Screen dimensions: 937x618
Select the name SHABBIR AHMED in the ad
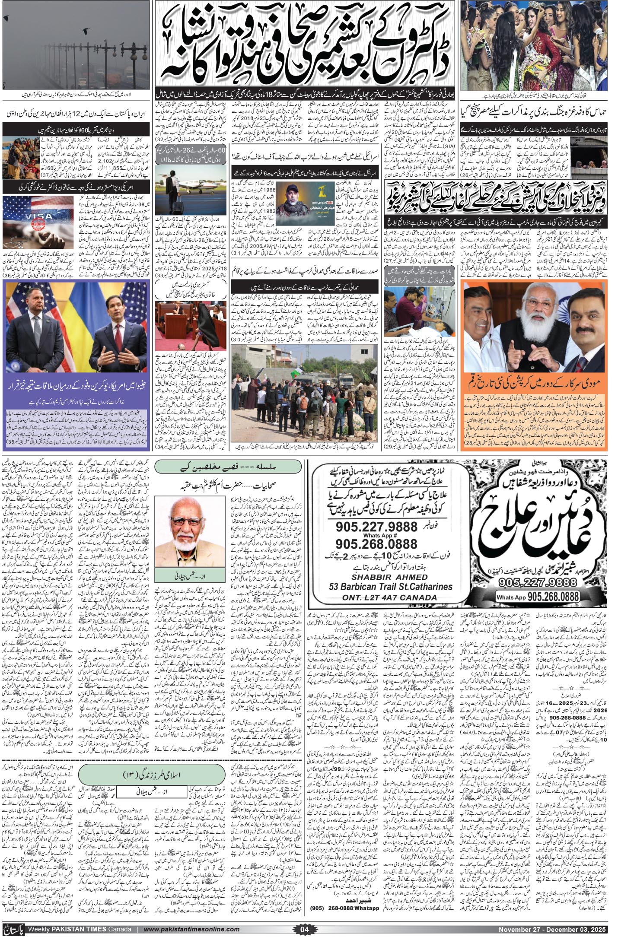point(389,577)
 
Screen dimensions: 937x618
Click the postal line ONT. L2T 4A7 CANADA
point(389,597)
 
